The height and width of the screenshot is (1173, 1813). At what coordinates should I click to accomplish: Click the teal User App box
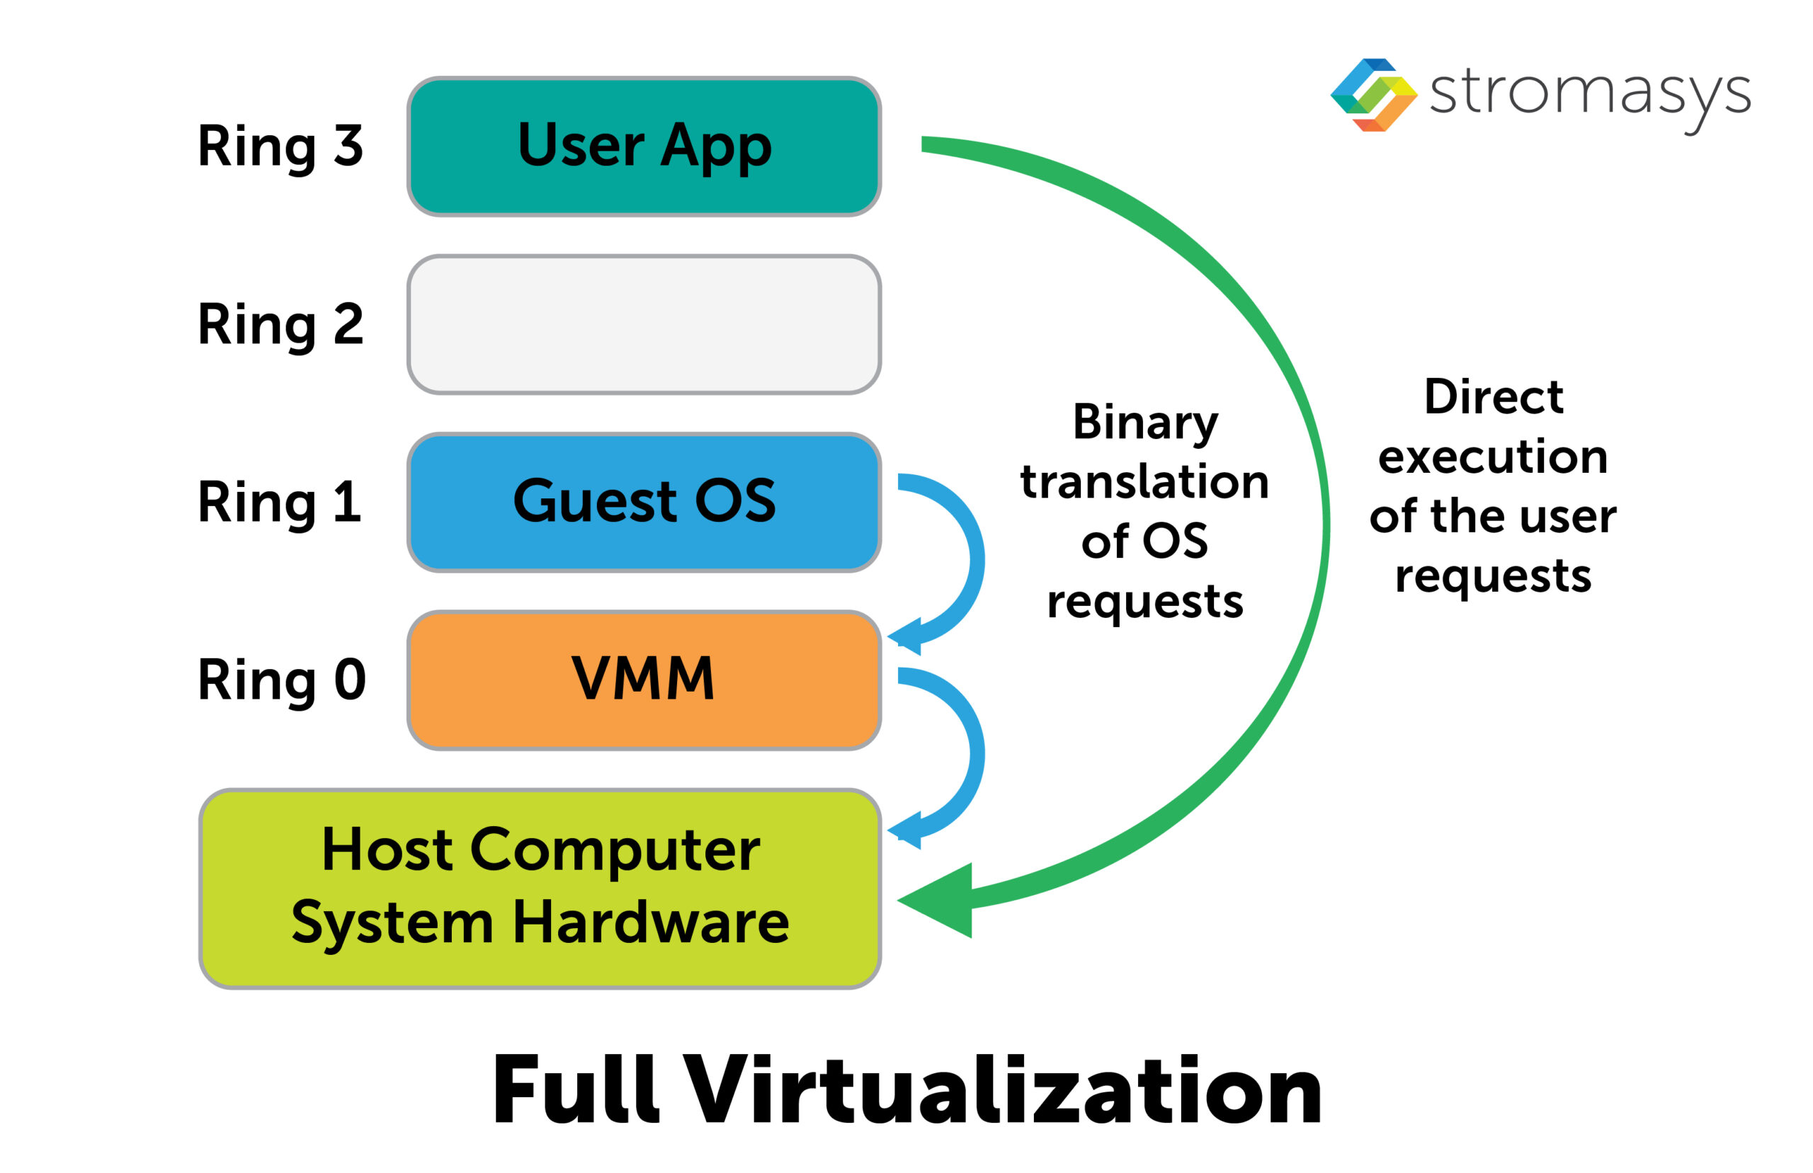pos(644,147)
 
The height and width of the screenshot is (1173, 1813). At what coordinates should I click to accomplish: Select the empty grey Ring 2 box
pos(644,324)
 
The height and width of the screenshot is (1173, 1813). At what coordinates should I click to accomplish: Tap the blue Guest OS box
pos(644,503)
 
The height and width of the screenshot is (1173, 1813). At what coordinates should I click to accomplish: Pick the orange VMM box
pos(644,680)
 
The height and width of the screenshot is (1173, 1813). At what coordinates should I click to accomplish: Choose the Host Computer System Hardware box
pos(540,888)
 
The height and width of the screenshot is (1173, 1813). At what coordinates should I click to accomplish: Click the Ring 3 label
pos(280,147)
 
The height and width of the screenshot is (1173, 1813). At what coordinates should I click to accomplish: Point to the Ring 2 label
pos(280,324)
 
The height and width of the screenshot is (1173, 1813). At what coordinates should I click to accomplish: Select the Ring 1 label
pos(280,503)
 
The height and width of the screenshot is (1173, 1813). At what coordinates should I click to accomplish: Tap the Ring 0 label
pos(281,680)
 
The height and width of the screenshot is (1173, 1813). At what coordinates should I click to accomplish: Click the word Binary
pos(1145,423)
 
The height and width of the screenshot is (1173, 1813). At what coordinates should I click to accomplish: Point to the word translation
pos(1144,482)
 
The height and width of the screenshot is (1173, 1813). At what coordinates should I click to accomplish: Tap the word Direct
pos(1493,397)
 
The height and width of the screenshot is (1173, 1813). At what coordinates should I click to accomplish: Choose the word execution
pos(1493,457)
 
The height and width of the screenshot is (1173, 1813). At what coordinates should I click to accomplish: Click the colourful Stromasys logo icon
pos(1372,95)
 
